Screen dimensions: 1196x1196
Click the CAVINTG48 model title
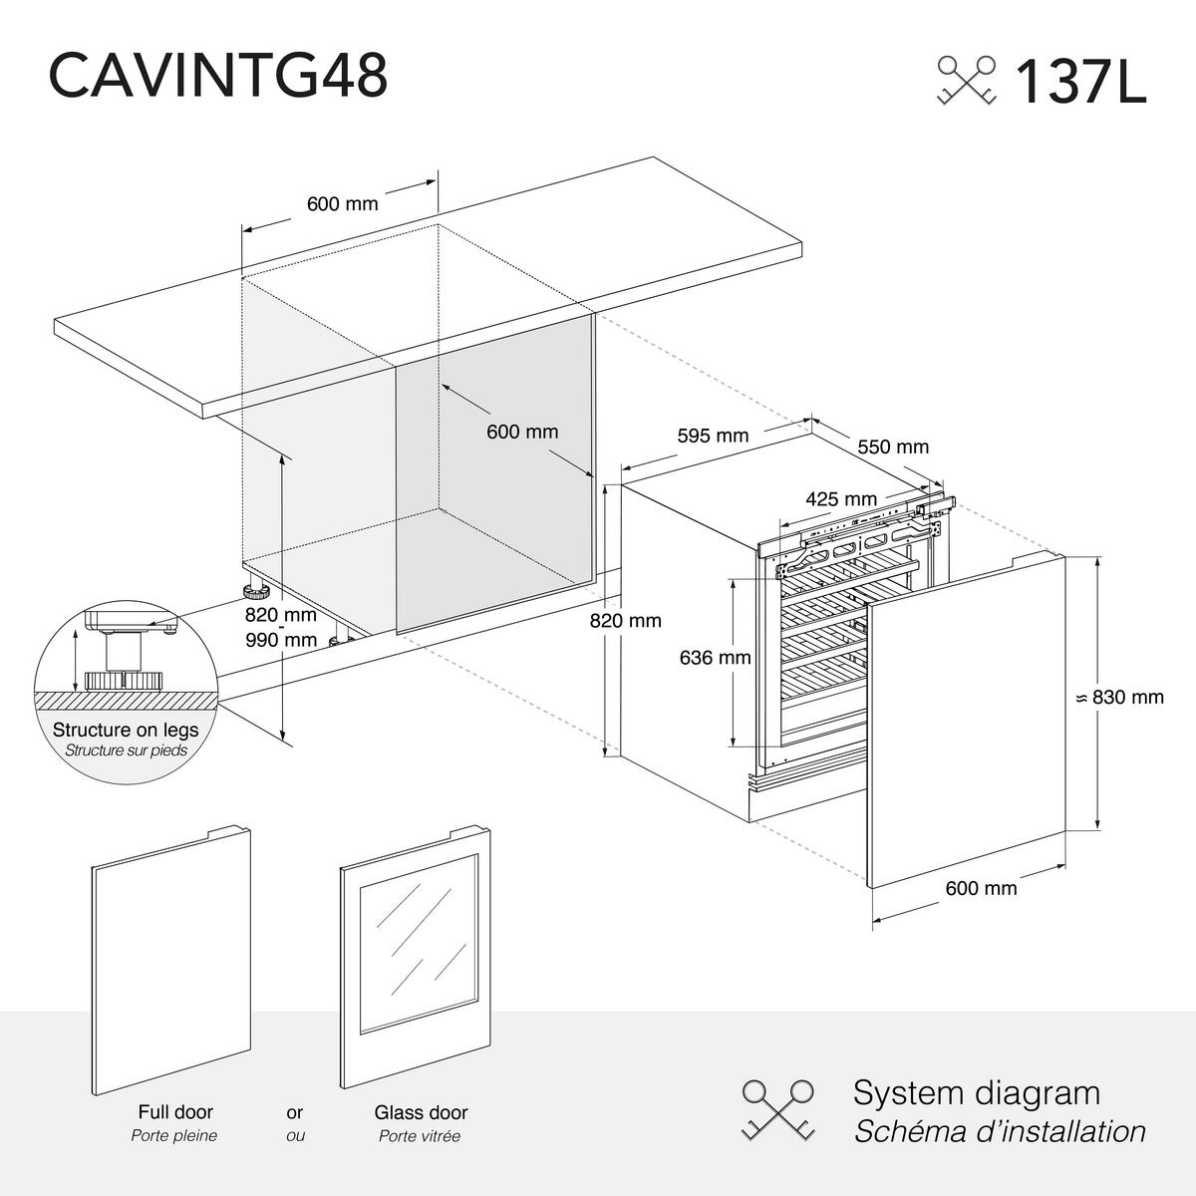pos(217,76)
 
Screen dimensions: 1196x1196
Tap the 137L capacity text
pos(1079,82)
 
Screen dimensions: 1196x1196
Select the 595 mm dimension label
pos(713,436)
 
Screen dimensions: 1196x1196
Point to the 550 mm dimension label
pos(893,447)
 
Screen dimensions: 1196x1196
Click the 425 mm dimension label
pos(841,499)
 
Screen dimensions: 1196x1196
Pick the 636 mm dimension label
pos(715,658)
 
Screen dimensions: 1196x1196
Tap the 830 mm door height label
pos(1127,698)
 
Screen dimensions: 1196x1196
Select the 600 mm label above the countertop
pos(342,204)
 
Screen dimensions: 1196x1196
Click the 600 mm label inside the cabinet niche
pos(522,432)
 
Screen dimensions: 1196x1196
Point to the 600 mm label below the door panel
pos(981,888)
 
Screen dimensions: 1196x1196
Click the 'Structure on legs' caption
pos(126,731)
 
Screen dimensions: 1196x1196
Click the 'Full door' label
pos(175,1112)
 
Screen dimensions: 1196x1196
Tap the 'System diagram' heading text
pos(976,1092)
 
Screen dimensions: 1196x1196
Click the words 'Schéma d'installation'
pos(999,1132)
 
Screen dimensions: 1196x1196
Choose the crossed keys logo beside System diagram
pos(778,1109)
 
